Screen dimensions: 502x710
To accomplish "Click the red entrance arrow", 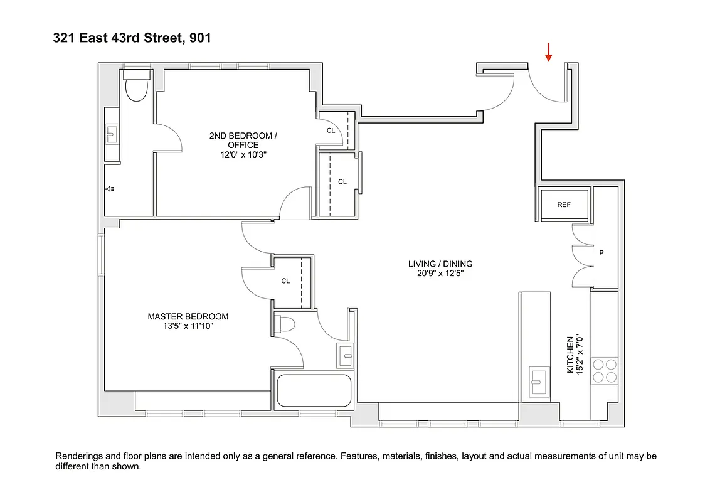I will (x=549, y=53).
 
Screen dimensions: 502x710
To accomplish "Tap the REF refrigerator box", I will (x=563, y=205).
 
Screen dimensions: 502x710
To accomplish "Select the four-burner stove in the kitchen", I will (x=605, y=370).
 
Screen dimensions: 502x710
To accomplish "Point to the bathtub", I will (x=314, y=391).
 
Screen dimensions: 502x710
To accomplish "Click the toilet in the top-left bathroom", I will (x=135, y=86).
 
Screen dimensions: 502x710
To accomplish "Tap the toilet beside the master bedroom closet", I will (x=285, y=324).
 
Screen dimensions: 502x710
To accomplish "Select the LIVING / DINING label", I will (x=440, y=264).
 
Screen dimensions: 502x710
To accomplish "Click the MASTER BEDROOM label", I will (x=188, y=316).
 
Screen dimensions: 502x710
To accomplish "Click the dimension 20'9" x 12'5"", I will (x=440, y=273).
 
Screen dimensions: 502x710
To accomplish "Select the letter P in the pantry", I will (x=601, y=254).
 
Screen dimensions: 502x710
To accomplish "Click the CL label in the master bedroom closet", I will (x=285, y=281).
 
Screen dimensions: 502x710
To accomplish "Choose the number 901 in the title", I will (x=198, y=38).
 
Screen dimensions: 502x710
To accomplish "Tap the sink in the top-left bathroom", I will (x=112, y=134).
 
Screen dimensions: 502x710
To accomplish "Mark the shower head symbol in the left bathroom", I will (x=110, y=188).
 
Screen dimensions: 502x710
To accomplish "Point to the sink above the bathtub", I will (x=345, y=355).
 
